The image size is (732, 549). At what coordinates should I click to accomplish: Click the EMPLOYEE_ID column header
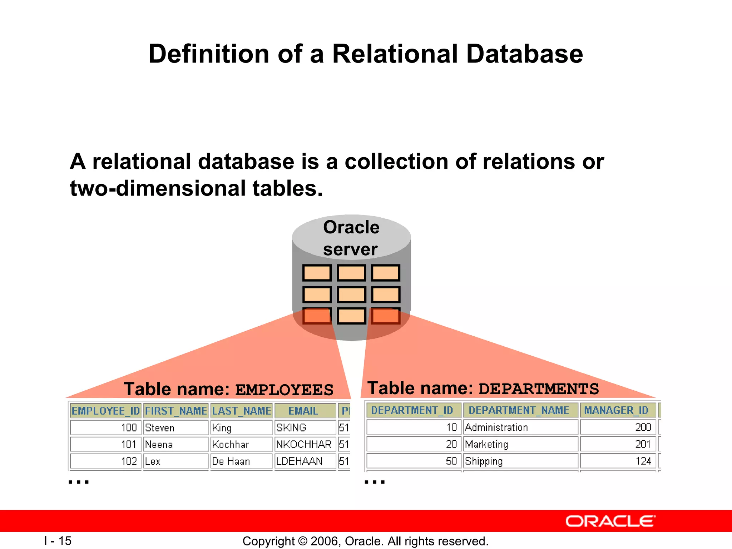tap(106, 411)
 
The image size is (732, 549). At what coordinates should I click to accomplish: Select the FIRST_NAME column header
tap(176, 411)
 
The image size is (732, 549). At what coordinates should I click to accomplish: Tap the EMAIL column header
tap(303, 411)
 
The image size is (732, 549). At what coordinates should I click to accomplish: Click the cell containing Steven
tap(160, 427)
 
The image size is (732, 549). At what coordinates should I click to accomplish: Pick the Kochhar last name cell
tap(231, 444)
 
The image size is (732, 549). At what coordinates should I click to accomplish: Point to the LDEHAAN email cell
tap(300, 461)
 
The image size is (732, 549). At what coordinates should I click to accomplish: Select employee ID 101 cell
tap(129, 444)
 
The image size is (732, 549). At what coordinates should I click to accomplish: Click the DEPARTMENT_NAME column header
tap(519, 410)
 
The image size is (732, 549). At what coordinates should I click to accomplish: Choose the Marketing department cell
tap(486, 444)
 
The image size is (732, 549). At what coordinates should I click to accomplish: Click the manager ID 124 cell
tap(643, 461)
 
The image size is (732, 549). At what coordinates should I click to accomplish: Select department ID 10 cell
tap(452, 427)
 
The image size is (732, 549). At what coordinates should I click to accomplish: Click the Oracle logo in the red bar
tap(610, 521)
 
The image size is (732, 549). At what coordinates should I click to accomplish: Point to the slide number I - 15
tap(58, 540)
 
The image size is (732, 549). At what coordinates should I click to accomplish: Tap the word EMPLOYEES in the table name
tap(285, 390)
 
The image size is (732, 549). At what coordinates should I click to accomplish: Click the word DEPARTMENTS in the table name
tap(539, 389)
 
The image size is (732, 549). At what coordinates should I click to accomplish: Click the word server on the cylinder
tap(350, 249)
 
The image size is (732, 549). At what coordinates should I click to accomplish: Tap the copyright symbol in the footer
tap(302, 541)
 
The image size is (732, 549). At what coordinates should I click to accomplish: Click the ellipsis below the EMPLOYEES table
tap(79, 482)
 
